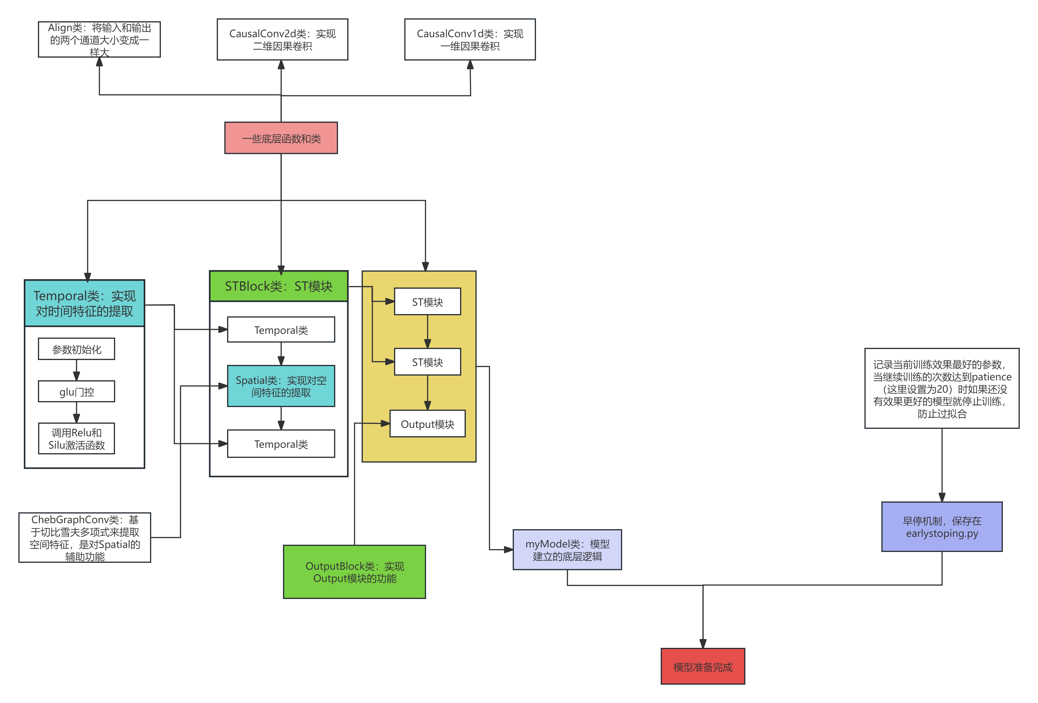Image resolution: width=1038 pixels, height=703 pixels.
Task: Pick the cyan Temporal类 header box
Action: click(x=84, y=303)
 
